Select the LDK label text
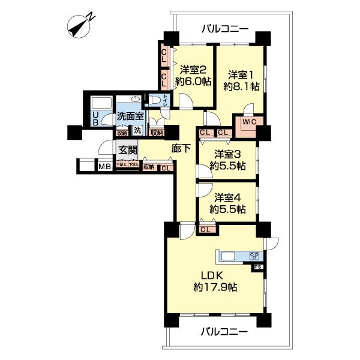click(213, 276)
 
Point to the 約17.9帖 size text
click(215, 287)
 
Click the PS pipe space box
click(257, 267)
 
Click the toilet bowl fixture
click(155, 101)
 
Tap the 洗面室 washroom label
click(130, 116)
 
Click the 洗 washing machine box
click(137, 130)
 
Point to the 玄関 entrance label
click(127, 150)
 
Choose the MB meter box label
click(104, 166)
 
